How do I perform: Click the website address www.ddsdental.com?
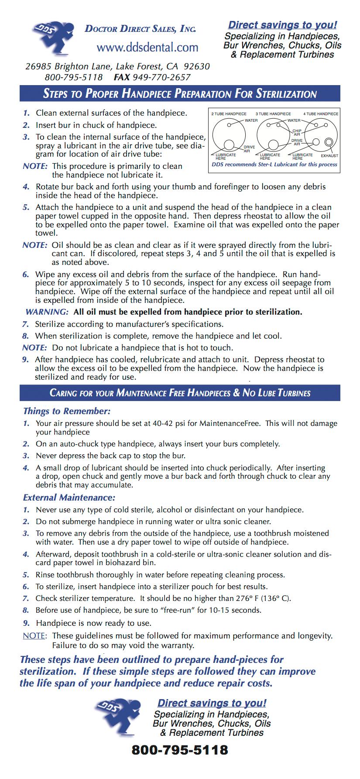(x=147, y=47)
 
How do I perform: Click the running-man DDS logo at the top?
(x=51, y=38)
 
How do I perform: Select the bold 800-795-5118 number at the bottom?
(x=180, y=750)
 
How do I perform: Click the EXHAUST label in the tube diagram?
(x=329, y=156)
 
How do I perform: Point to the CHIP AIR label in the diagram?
(x=297, y=132)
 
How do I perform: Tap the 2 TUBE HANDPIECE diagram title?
(x=229, y=114)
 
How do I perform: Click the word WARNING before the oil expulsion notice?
(x=47, y=312)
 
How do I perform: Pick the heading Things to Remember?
(x=66, y=411)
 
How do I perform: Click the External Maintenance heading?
(x=69, y=498)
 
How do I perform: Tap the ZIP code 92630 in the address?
(x=196, y=67)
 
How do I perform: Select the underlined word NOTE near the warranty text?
(x=34, y=636)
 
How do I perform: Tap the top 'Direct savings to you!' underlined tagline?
(x=282, y=25)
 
